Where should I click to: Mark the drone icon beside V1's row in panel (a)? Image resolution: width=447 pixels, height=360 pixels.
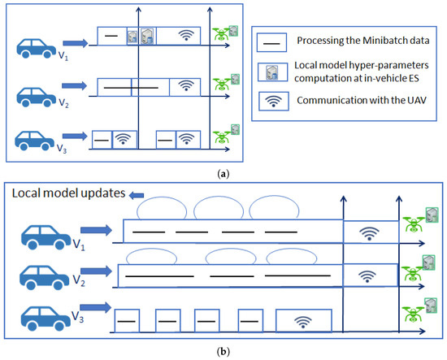click(x=224, y=34)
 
